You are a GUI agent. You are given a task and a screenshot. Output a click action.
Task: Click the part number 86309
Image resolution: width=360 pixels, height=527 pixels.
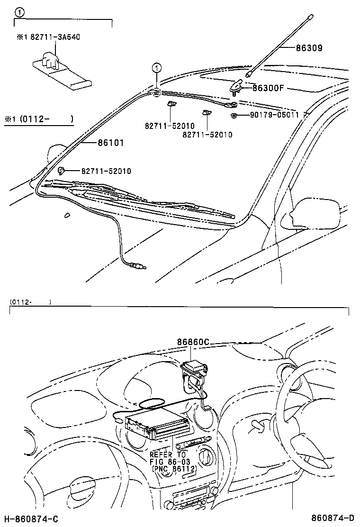click(310, 48)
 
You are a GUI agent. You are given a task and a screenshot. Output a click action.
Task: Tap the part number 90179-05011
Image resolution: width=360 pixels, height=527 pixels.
click(275, 115)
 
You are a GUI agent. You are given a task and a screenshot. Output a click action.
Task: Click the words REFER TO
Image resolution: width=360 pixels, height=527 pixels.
click(168, 454)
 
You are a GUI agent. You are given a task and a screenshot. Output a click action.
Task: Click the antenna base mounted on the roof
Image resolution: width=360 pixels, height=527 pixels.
click(236, 86)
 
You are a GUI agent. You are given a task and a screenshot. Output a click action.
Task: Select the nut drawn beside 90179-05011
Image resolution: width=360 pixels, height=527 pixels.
click(234, 115)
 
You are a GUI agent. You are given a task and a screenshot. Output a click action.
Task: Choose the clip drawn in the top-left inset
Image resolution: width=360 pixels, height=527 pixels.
click(49, 59)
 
